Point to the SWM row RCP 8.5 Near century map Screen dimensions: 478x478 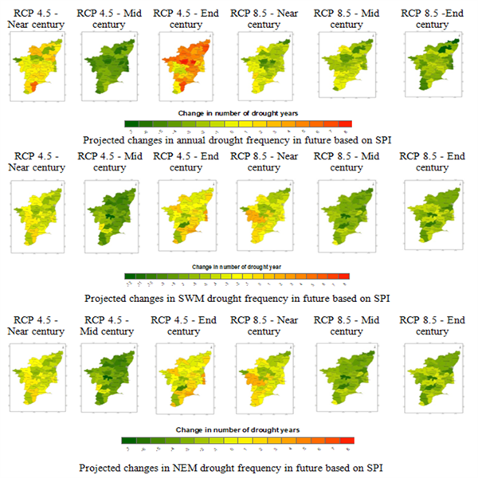click(x=271, y=215)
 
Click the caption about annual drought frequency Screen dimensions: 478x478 click(x=237, y=137)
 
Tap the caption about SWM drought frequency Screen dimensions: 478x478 click(x=237, y=298)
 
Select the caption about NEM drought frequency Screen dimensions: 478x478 click(x=237, y=465)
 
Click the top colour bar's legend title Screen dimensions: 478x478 click(x=238, y=113)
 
